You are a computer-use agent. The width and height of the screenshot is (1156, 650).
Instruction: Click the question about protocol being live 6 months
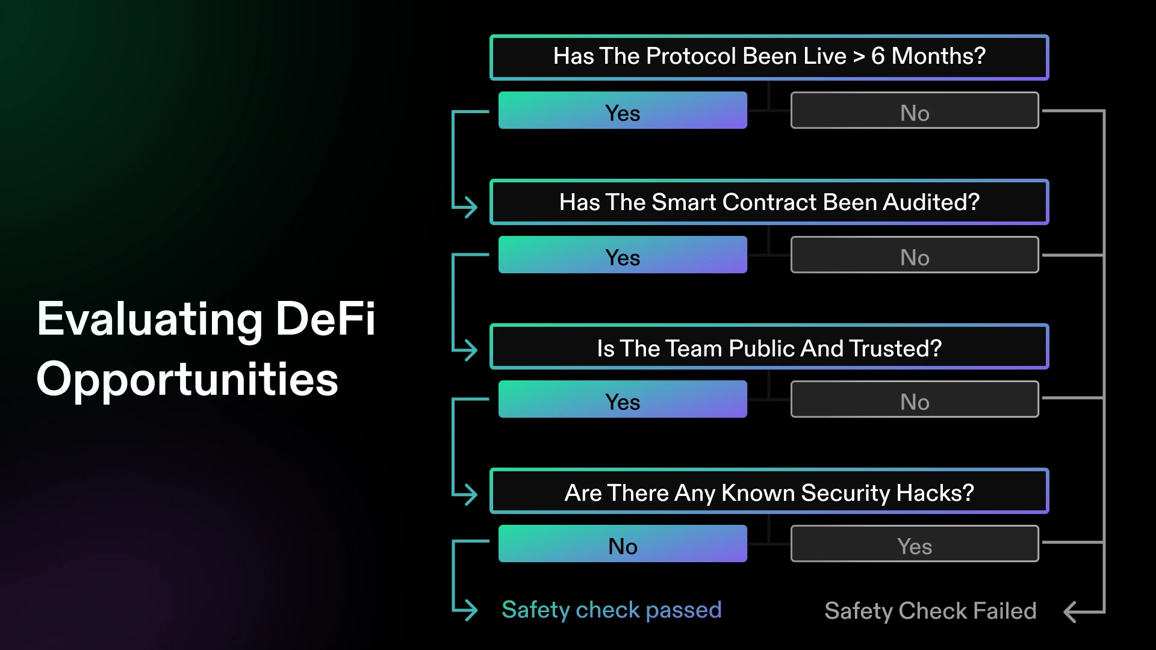pos(769,57)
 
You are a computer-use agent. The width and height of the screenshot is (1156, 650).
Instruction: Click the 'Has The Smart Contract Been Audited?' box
pos(769,202)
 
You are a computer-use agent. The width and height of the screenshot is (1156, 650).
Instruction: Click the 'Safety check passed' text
pos(612,610)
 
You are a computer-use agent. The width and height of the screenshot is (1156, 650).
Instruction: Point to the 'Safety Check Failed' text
pos(930,611)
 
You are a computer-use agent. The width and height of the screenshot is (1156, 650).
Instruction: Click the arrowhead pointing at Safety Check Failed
pos(1070,612)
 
